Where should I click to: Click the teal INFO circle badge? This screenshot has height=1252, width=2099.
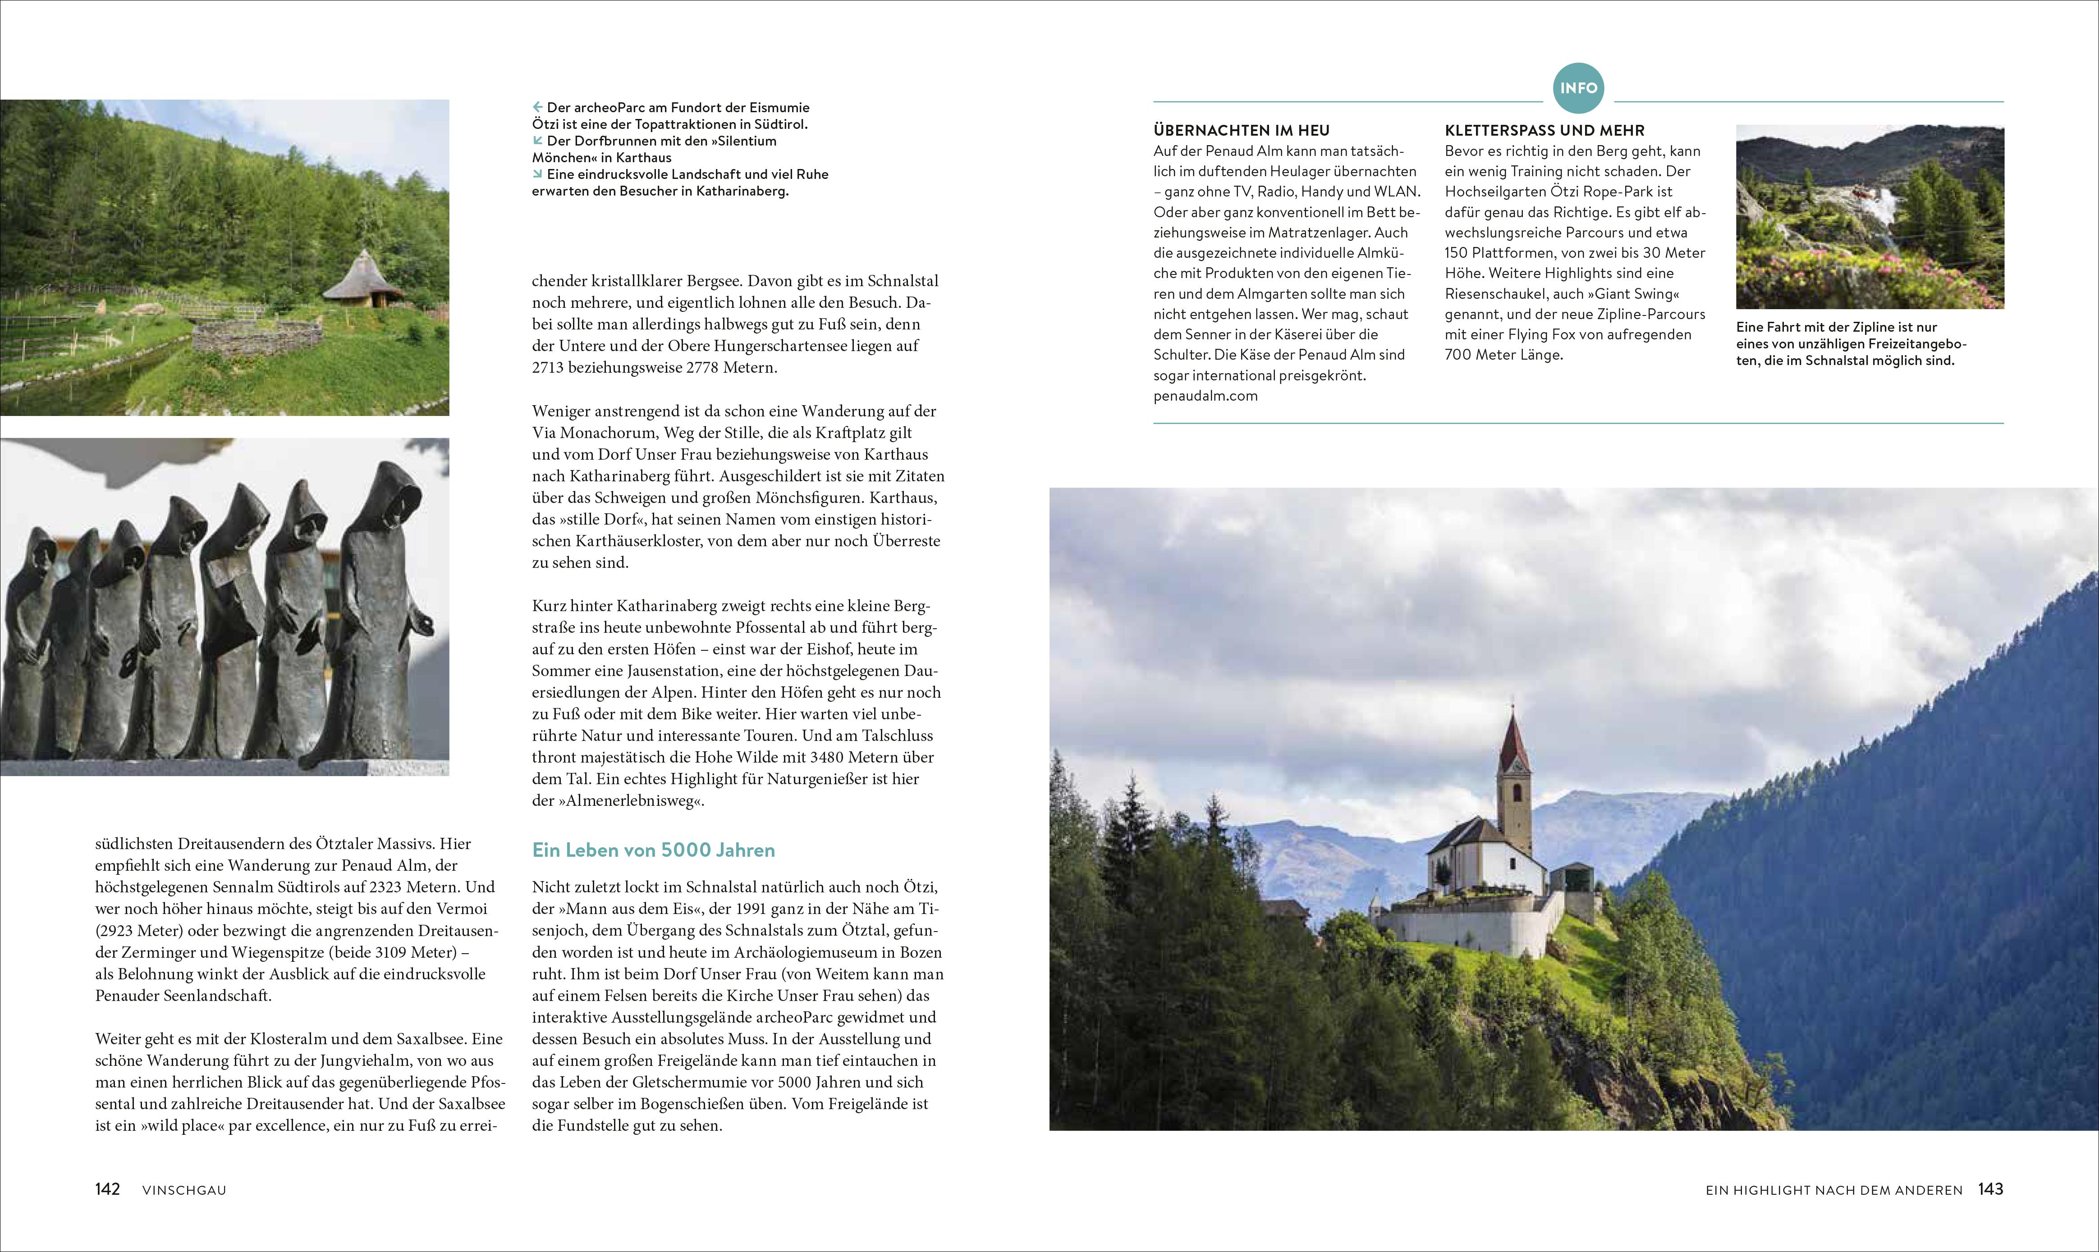(x=1578, y=88)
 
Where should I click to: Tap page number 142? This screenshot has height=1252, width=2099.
(x=108, y=1189)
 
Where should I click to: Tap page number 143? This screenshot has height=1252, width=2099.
(x=1990, y=1189)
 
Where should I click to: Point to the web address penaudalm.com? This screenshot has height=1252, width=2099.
(x=1205, y=396)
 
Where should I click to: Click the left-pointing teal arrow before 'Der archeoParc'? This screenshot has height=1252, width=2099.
(x=537, y=107)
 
